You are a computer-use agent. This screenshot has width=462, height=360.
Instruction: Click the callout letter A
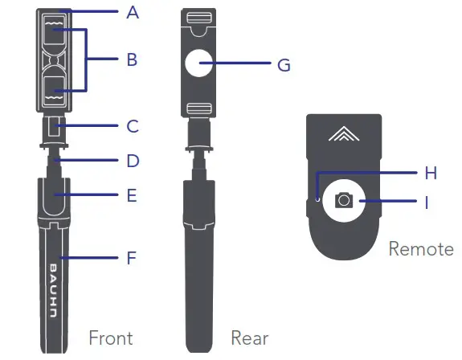point(133,12)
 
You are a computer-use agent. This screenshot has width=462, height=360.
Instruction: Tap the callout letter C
point(133,126)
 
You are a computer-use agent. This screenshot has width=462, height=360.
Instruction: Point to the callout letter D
point(133,161)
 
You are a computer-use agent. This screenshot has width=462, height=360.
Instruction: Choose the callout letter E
point(133,195)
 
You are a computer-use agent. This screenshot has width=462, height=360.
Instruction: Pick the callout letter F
point(133,258)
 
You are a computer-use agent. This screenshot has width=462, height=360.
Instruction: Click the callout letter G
point(284,65)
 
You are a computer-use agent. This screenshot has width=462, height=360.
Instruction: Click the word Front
point(111,337)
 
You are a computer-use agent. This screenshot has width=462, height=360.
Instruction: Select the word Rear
point(249,337)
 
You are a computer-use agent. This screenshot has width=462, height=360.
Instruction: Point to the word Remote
point(421,249)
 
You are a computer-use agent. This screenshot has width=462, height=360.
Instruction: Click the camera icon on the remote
point(344,200)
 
